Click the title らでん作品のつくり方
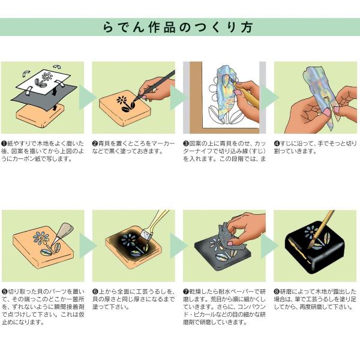pyautogui.click(x=178, y=27)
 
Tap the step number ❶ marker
pyautogui.click(x=4, y=144)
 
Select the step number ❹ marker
pyautogui.click(x=277, y=144)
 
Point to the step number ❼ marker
pyautogui.click(x=186, y=292)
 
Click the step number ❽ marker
pyautogui.click(x=277, y=292)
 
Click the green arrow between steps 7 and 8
pyautogui.click(x=270, y=245)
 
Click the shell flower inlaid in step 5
pyautogui.click(x=41, y=238)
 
